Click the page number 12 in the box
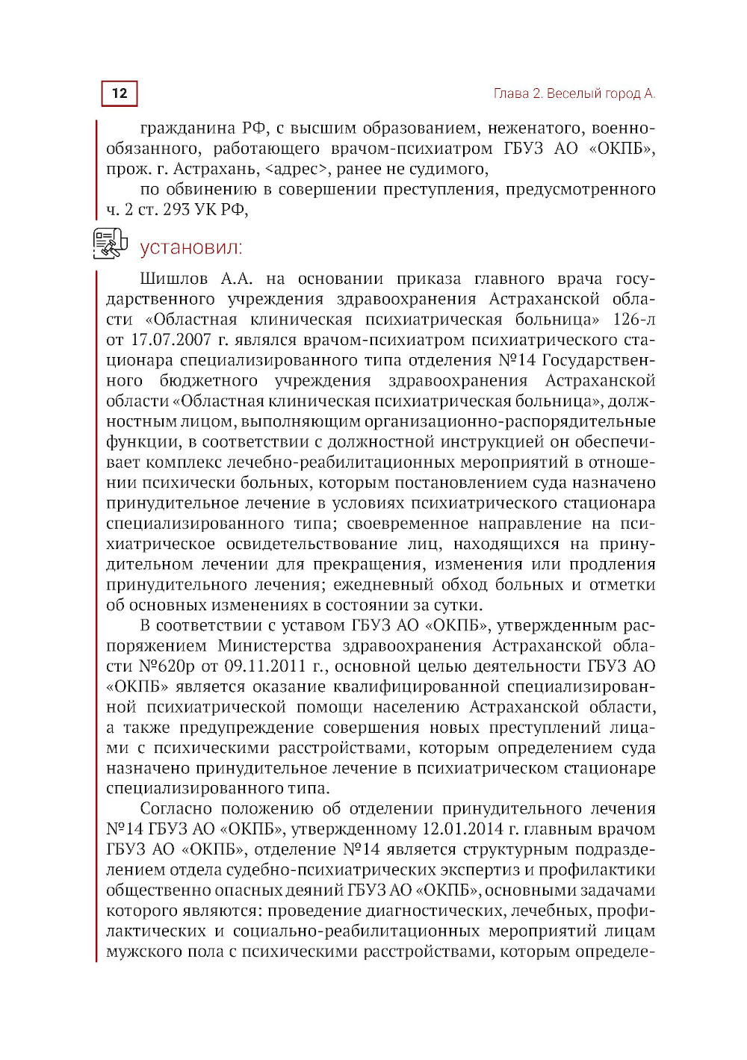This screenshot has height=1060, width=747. pos(120,93)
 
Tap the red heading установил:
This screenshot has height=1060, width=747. pos(190,248)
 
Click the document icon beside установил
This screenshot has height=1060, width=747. pos(110,244)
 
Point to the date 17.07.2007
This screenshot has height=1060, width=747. pos(170,340)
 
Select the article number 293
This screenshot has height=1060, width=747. pos(176,210)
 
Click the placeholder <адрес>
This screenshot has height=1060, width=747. pos(297,169)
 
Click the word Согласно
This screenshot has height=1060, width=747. pos(176,809)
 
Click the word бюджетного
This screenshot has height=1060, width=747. pos(208,381)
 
